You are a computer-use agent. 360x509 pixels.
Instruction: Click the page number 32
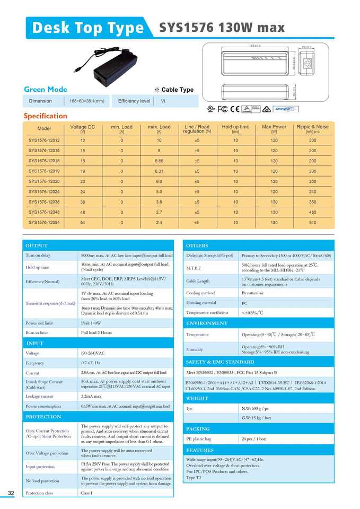pos(11,494)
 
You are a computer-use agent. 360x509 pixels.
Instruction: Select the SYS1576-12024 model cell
pos(44,191)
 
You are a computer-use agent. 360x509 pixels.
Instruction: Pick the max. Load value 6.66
pos(159,161)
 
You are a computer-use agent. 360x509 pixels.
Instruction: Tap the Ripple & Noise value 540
pos(312,222)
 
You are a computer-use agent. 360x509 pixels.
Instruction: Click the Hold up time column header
pos(235,129)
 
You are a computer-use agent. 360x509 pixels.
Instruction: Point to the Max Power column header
pos(274,129)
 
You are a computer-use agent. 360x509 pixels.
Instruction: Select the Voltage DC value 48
pos(83,212)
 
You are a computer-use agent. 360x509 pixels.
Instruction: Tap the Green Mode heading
pos(46,89)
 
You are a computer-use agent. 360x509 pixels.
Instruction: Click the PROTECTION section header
pos(43,417)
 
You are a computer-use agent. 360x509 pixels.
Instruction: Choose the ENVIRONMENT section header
pos(207,323)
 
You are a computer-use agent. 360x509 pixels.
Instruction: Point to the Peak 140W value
pos(91,323)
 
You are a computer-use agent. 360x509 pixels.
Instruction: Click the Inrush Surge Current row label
pos(44,384)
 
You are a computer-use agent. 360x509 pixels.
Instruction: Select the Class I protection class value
pos(86,493)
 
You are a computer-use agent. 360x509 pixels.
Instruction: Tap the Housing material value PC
pos(244,303)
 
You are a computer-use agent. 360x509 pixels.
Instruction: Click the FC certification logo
pos(223,109)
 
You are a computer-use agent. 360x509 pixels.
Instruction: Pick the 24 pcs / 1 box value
pos(254,439)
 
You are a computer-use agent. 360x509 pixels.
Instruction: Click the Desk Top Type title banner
pos(88,28)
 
